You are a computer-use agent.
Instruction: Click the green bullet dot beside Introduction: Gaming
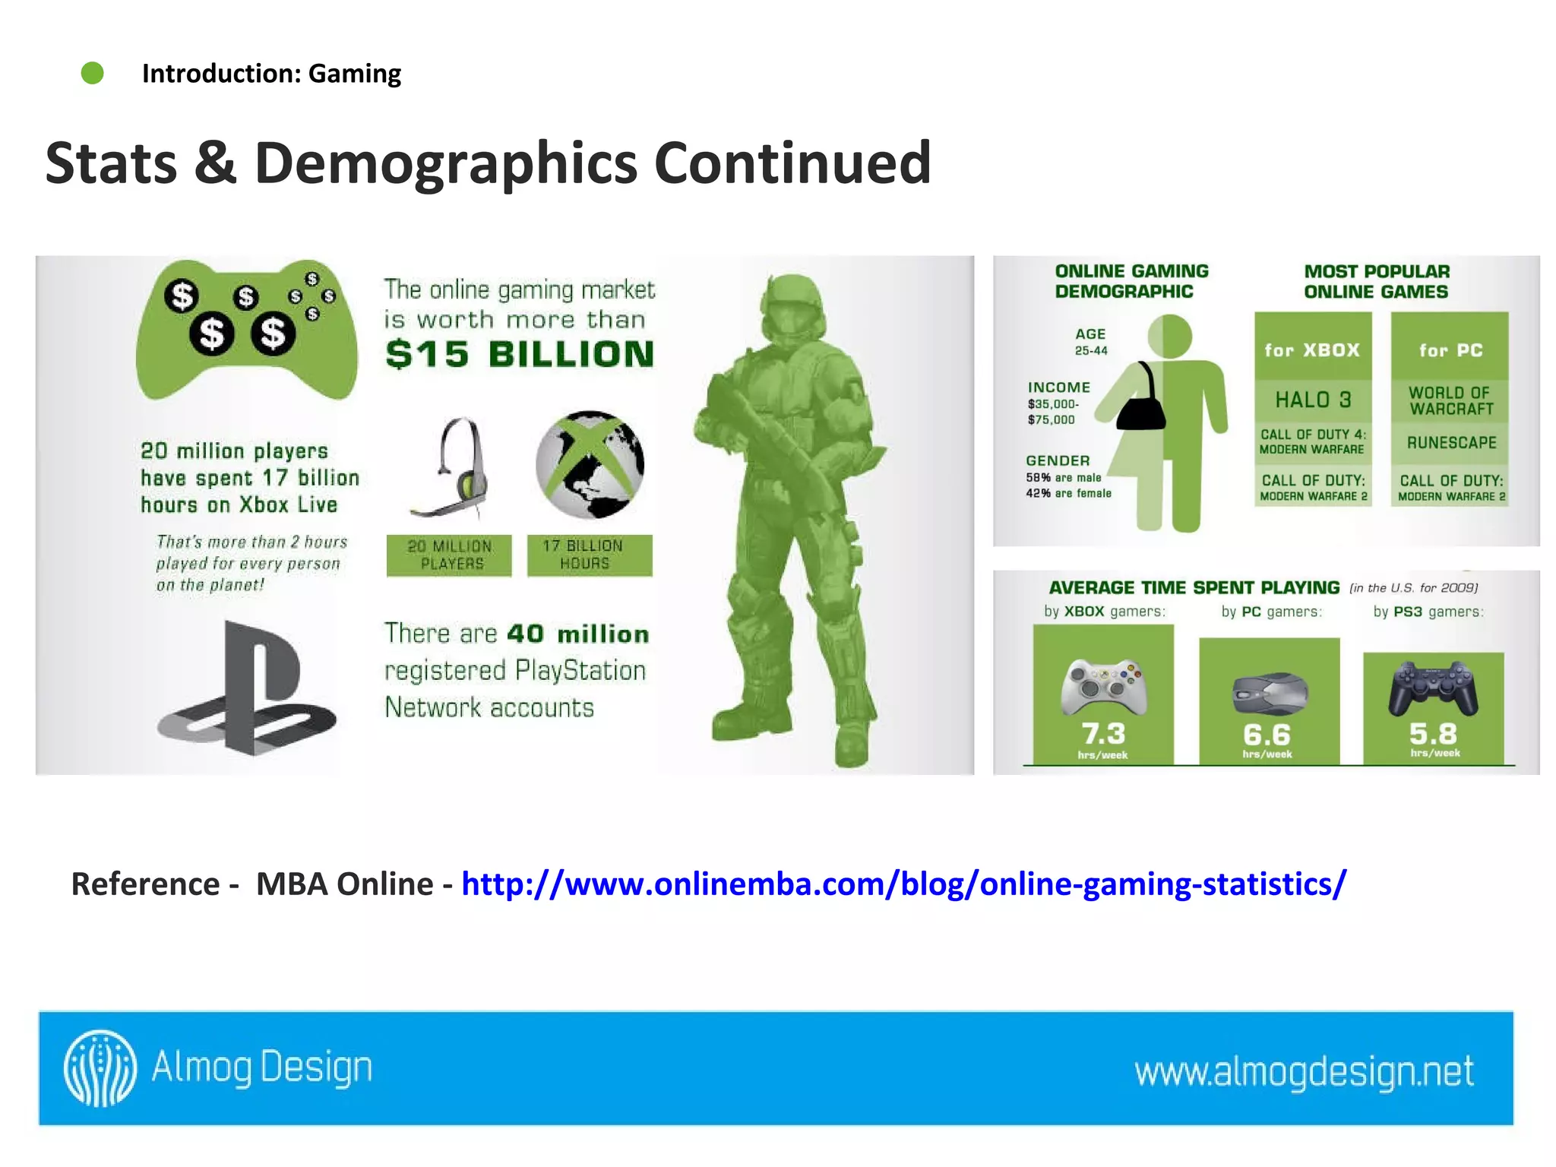pyautogui.click(x=93, y=73)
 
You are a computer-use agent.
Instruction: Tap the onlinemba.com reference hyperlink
pyautogui.click(x=903, y=884)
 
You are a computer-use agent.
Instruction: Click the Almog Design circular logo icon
pyautogui.click(x=100, y=1067)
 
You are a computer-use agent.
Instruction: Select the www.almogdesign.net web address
pyautogui.click(x=1304, y=1071)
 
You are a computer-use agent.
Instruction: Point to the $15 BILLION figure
pyautogui.click(x=520, y=354)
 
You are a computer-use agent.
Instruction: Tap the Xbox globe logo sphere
pyautogui.click(x=590, y=464)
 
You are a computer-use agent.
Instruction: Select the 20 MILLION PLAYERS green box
pyautogui.click(x=449, y=555)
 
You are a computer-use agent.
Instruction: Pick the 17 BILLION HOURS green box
pyautogui.click(x=590, y=555)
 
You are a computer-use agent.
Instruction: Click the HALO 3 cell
pyautogui.click(x=1313, y=400)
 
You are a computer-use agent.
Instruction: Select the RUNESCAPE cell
pyautogui.click(x=1450, y=443)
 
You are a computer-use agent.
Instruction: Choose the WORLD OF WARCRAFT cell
pyautogui.click(x=1450, y=401)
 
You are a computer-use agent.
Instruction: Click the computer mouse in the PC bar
pyautogui.click(x=1270, y=692)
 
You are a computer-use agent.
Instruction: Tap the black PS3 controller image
pyautogui.click(x=1433, y=688)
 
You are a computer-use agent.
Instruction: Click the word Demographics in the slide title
pyautogui.click(x=446, y=163)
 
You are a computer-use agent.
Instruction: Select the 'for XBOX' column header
pyautogui.click(x=1312, y=350)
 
